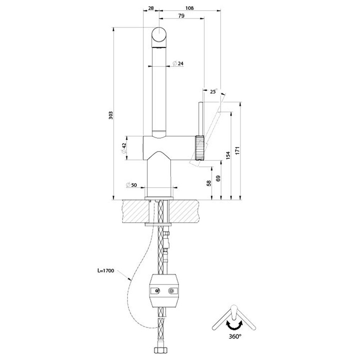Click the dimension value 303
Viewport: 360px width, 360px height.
[111, 114]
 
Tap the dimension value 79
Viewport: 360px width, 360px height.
[181, 16]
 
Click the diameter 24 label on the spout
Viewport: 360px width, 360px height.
[178, 64]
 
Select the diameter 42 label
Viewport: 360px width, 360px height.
[124, 148]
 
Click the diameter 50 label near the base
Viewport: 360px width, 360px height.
[131, 185]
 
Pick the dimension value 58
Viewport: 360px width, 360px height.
[208, 183]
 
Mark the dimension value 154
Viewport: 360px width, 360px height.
[228, 156]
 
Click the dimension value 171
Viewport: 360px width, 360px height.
[238, 150]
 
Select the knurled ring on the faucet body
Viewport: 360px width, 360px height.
[200, 148]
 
